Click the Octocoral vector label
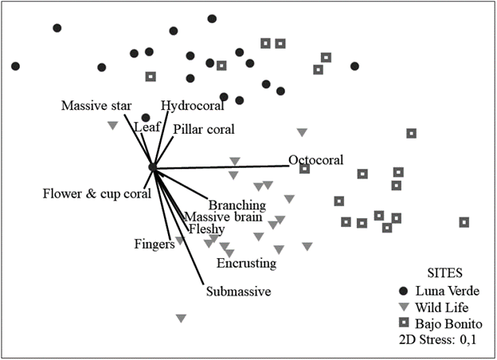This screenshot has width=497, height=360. [316, 160]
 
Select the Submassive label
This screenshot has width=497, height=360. [239, 292]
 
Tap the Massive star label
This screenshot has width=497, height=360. [96, 105]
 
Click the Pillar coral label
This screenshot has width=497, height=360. [204, 128]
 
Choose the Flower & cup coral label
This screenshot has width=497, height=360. [96, 194]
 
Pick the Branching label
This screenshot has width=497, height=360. [237, 205]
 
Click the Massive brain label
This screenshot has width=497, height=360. [221, 217]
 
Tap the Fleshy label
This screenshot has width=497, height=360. [205, 229]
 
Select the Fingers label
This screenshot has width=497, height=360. [155, 244]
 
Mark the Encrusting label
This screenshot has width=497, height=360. [246, 263]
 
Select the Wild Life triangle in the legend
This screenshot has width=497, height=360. [404, 307]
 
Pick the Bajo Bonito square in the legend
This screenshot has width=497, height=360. [404, 323]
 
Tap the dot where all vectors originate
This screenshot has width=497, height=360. [153, 167]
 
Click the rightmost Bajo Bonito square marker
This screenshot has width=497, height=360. [464, 222]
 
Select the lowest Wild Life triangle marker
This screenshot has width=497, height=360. [181, 319]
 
